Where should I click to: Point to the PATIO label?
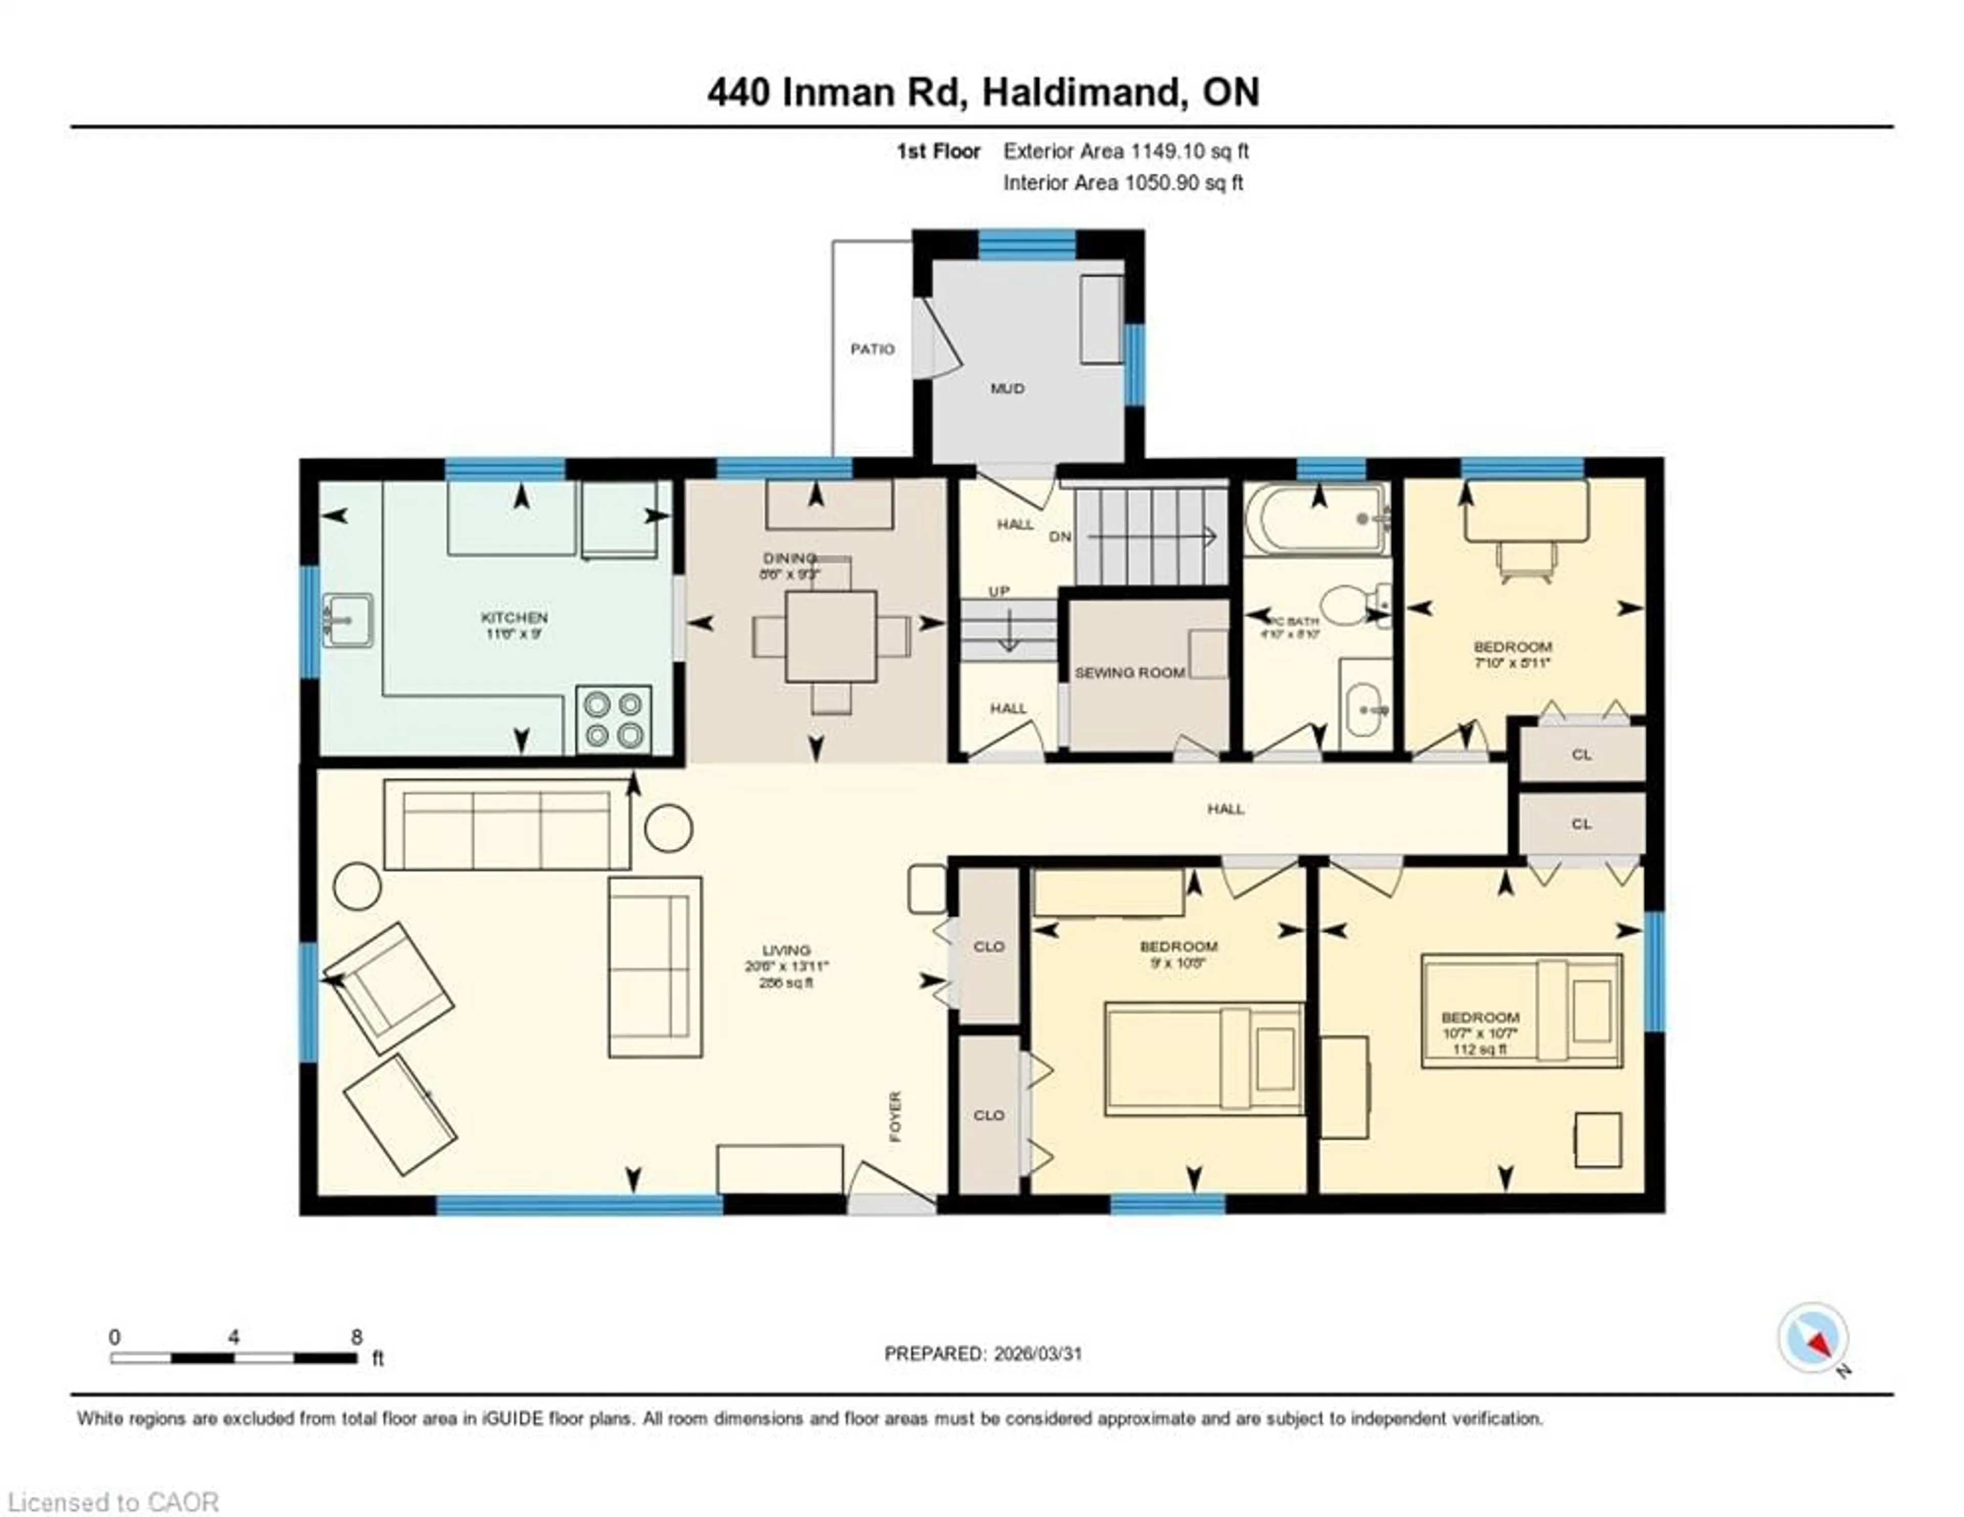pos(872,349)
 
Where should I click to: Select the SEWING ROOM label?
pos(1129,673)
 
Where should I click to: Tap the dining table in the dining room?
pos(830,636)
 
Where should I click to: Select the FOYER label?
pos(895,1117)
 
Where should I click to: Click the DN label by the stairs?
pos(1060,537)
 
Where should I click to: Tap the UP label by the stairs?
pos(999,592)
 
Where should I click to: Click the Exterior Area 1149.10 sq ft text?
pos(1126,151)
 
